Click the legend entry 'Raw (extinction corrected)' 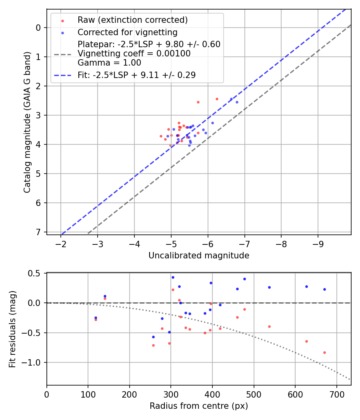point(132,20)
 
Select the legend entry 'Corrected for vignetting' point(127,32)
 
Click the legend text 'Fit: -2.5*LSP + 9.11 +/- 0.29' point(136,75)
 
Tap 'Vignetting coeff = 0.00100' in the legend point(134,54)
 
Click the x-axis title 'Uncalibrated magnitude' point(199,256)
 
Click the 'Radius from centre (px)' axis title point(199,406)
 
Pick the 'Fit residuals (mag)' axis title point(13,329)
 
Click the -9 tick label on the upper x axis point(318,243)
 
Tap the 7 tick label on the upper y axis point(39,232)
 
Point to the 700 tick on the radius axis point(336,394)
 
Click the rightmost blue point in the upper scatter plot point(237,102)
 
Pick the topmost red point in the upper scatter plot point(217,99)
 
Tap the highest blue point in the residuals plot point(173,277)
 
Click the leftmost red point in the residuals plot point(96,320)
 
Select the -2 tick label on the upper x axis point(61,243)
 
